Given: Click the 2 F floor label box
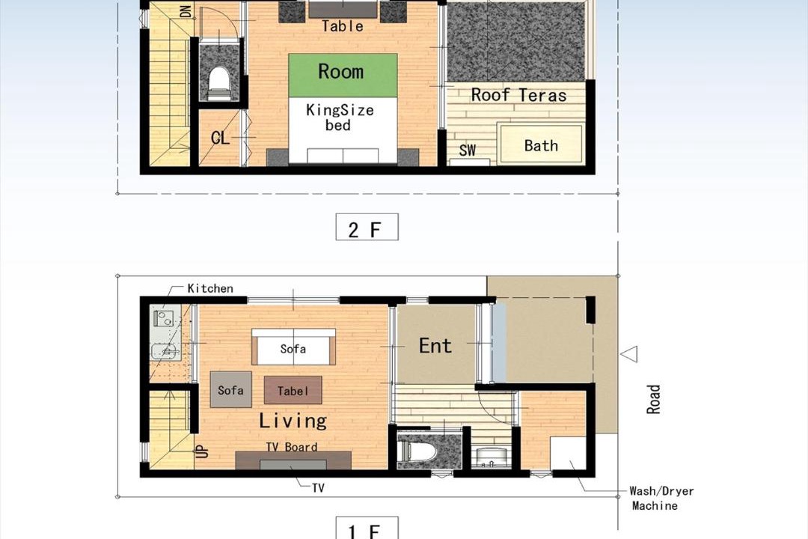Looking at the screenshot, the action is coord(367,227).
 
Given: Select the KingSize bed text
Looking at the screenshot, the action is coord(340,118).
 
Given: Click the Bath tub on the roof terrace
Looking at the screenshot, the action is coord(541,144).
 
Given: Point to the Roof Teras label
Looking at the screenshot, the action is coord(518,95).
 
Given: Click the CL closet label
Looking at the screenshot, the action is coord(220,138).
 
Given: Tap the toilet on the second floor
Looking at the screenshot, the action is coord(219,82).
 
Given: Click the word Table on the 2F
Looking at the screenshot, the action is coord(343,25).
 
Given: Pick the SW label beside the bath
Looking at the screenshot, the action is coord(468,150).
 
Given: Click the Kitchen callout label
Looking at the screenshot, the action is coord(210,288).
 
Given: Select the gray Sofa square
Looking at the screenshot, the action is coord(231,389).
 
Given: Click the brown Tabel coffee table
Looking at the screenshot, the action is coord(293,390).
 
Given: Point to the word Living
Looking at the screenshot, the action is coord(293,421).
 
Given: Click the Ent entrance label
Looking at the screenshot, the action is coord(435,346).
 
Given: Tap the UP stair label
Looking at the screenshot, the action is coord(203,451).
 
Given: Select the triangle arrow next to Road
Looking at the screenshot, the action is coord(629,354).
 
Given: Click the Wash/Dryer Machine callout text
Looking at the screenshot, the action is coord(661,499).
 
